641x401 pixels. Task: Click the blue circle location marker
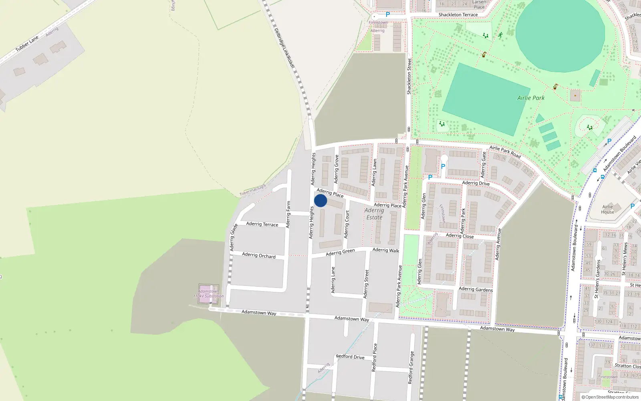click(320, 200)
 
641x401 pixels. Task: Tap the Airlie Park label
click(531, 98)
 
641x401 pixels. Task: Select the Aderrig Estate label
click(374, 214)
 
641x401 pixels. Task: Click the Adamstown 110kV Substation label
click(208, 294)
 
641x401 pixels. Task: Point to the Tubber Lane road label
click(27, 44)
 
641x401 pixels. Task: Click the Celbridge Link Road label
click(284, 48)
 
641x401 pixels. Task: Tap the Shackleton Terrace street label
click(458, 15)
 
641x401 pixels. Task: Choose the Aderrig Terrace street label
click(262, 224)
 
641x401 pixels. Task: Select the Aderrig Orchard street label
click(259, 255)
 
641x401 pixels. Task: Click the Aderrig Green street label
click(340, 252)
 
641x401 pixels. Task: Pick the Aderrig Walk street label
click(386, 250)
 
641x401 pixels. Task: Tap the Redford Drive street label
click(350, 356)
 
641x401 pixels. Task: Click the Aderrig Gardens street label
click(476, 289)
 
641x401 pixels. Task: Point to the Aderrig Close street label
click(460, 236)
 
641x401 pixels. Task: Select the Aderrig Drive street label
click(476, 183)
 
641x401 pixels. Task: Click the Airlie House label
click(607, 209)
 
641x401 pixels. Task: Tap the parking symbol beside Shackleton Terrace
click(388, 14)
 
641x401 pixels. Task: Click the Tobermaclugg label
click(252, 190)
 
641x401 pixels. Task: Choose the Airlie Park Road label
click(505, 152)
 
